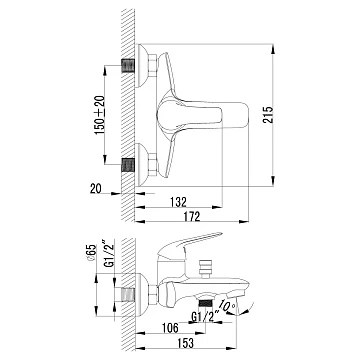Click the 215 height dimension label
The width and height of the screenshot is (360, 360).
(x=268, y=115)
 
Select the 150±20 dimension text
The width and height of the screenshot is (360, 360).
(x=100, y=115)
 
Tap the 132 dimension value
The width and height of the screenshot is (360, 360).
(x=178, y=202)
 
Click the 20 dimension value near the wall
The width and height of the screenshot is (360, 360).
(x=96, y=189)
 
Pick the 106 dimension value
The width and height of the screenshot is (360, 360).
(x=169, y=328)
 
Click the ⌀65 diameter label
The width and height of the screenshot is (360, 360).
(x=92, y=254)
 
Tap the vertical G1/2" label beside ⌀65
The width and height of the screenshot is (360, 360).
(x=110, y=253)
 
